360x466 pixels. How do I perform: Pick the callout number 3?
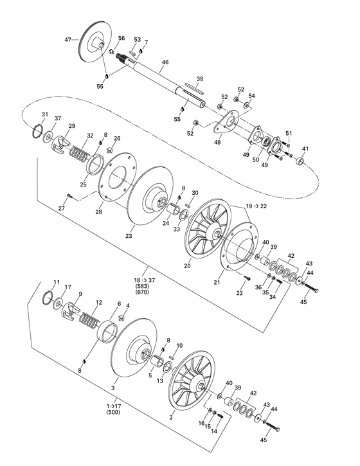click(x=114, y=388)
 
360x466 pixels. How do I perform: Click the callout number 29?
click(x=72, y=126)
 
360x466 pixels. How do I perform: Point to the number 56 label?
click(x=122, y=39)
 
